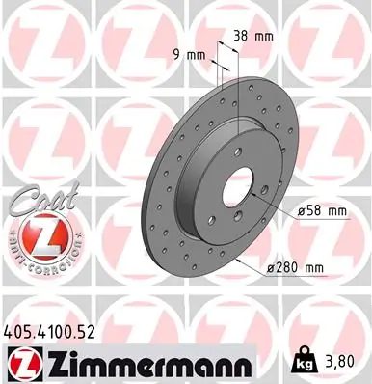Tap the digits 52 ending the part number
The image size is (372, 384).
(x=91, y=332)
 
